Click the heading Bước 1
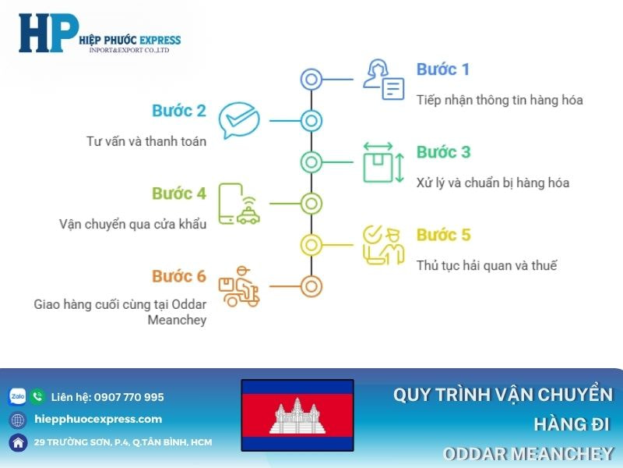click(x=442, y=69)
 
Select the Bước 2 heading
click(x=179, y=111)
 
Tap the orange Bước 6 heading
click(x=179, y=276)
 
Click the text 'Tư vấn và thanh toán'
click(x=146, y=141)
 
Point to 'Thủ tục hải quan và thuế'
click(x=487, y=265)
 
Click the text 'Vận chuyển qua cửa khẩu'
click(x=133, y=224)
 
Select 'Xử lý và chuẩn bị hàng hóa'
click(x=493, y=183)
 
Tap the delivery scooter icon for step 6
click(x=239, y=285)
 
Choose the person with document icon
click(x=384, y=80)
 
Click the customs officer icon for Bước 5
click(x=384, y=244)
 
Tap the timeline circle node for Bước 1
click(x=311, y=79)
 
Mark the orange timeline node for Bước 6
click(x=311, y=285)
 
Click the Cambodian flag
click(x=297, y=415)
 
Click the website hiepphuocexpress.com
click(x=98, y=419)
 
